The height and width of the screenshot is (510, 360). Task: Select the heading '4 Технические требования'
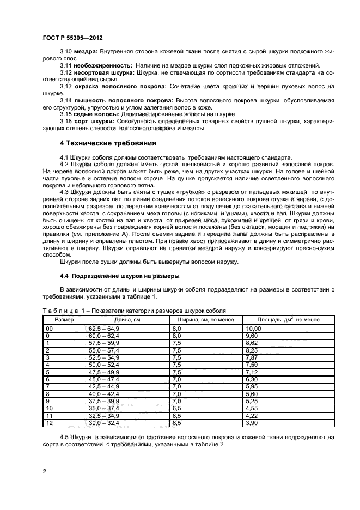click(x=108, y=143)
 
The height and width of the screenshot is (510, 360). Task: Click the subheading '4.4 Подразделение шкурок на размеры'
click(x=119, y=275)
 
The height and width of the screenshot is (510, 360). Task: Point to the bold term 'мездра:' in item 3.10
click(x=84, y=51)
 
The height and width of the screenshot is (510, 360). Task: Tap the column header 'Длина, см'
click(x=127, y=320)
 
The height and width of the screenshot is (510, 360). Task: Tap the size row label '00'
click(x=50, y=329)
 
